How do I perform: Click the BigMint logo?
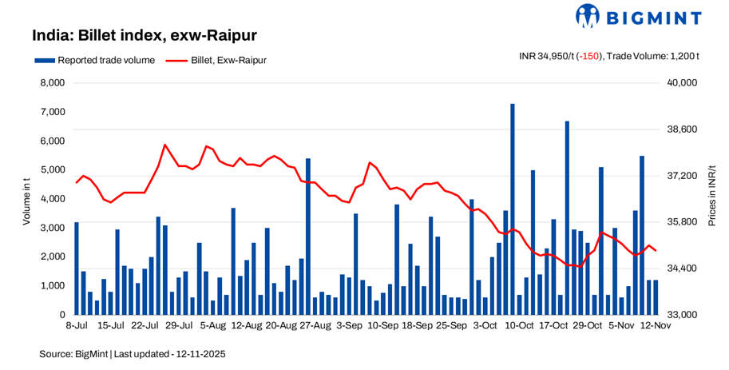(638, 16)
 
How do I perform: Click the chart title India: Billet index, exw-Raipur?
(145, 35)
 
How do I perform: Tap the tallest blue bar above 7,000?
(513, 208)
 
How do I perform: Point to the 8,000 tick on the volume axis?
(51, 83)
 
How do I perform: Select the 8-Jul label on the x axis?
(76, 326)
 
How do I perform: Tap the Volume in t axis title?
(26, 199)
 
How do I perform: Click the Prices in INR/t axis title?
(712, 199)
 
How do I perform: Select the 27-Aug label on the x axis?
(316, 326)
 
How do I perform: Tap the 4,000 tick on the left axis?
(51, 199)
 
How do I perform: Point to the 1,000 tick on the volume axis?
(51, 286)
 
